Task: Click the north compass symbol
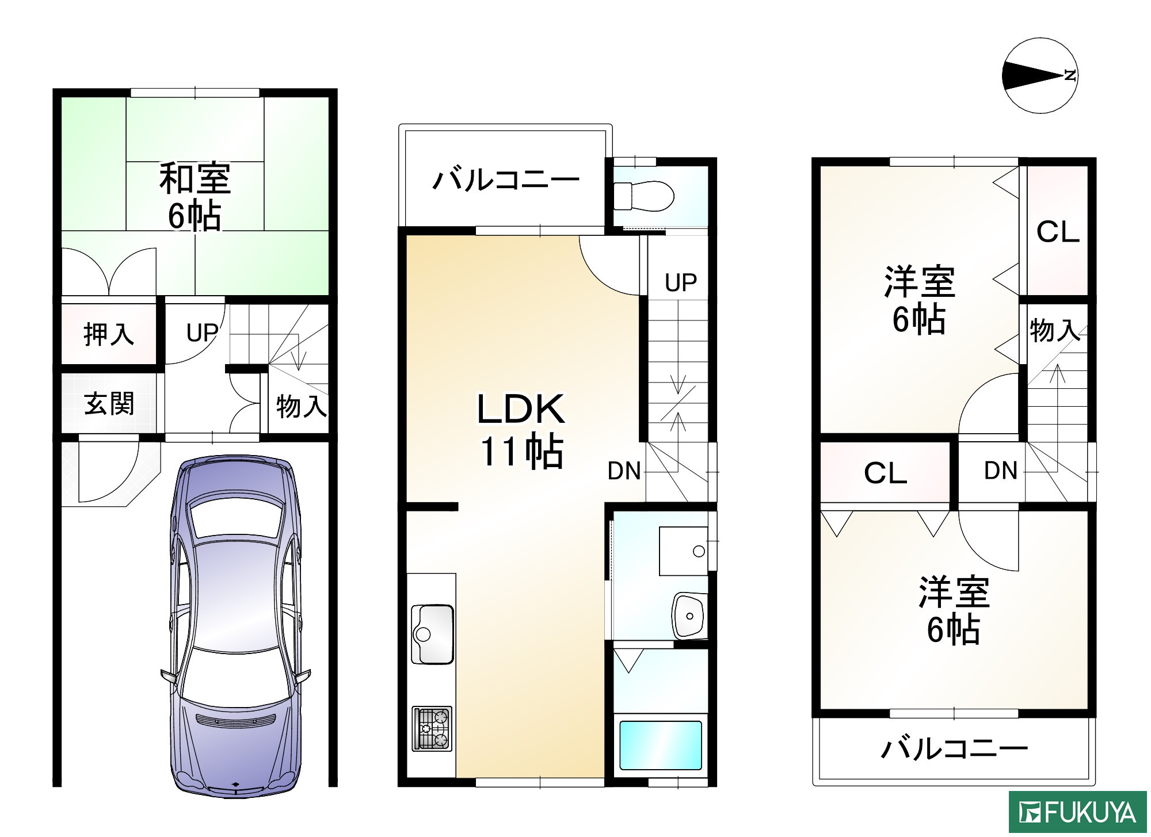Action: (x=1039, y=75)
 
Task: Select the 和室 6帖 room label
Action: (x=195, y=196)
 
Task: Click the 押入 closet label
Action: (x=109, y=334)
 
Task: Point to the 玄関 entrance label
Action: (x=109, y=404)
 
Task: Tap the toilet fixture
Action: (x=643, y=196)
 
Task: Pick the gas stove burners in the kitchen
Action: (x=432, y=728)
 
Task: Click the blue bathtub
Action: (x=660, y=745)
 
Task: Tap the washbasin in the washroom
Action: (x=689, y=616)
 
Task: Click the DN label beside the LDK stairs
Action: (x=624, y=471)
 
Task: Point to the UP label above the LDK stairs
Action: (x=680, y=282)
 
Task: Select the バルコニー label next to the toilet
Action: (x=505, y=180)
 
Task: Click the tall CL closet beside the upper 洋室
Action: (x=1058, y=232)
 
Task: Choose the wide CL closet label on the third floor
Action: (x=885, y=473)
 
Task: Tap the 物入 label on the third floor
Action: (x=1054, y=331)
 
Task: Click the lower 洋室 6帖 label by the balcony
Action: (x=954, y=610)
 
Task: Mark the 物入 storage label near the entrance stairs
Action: (x=301, y=406)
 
